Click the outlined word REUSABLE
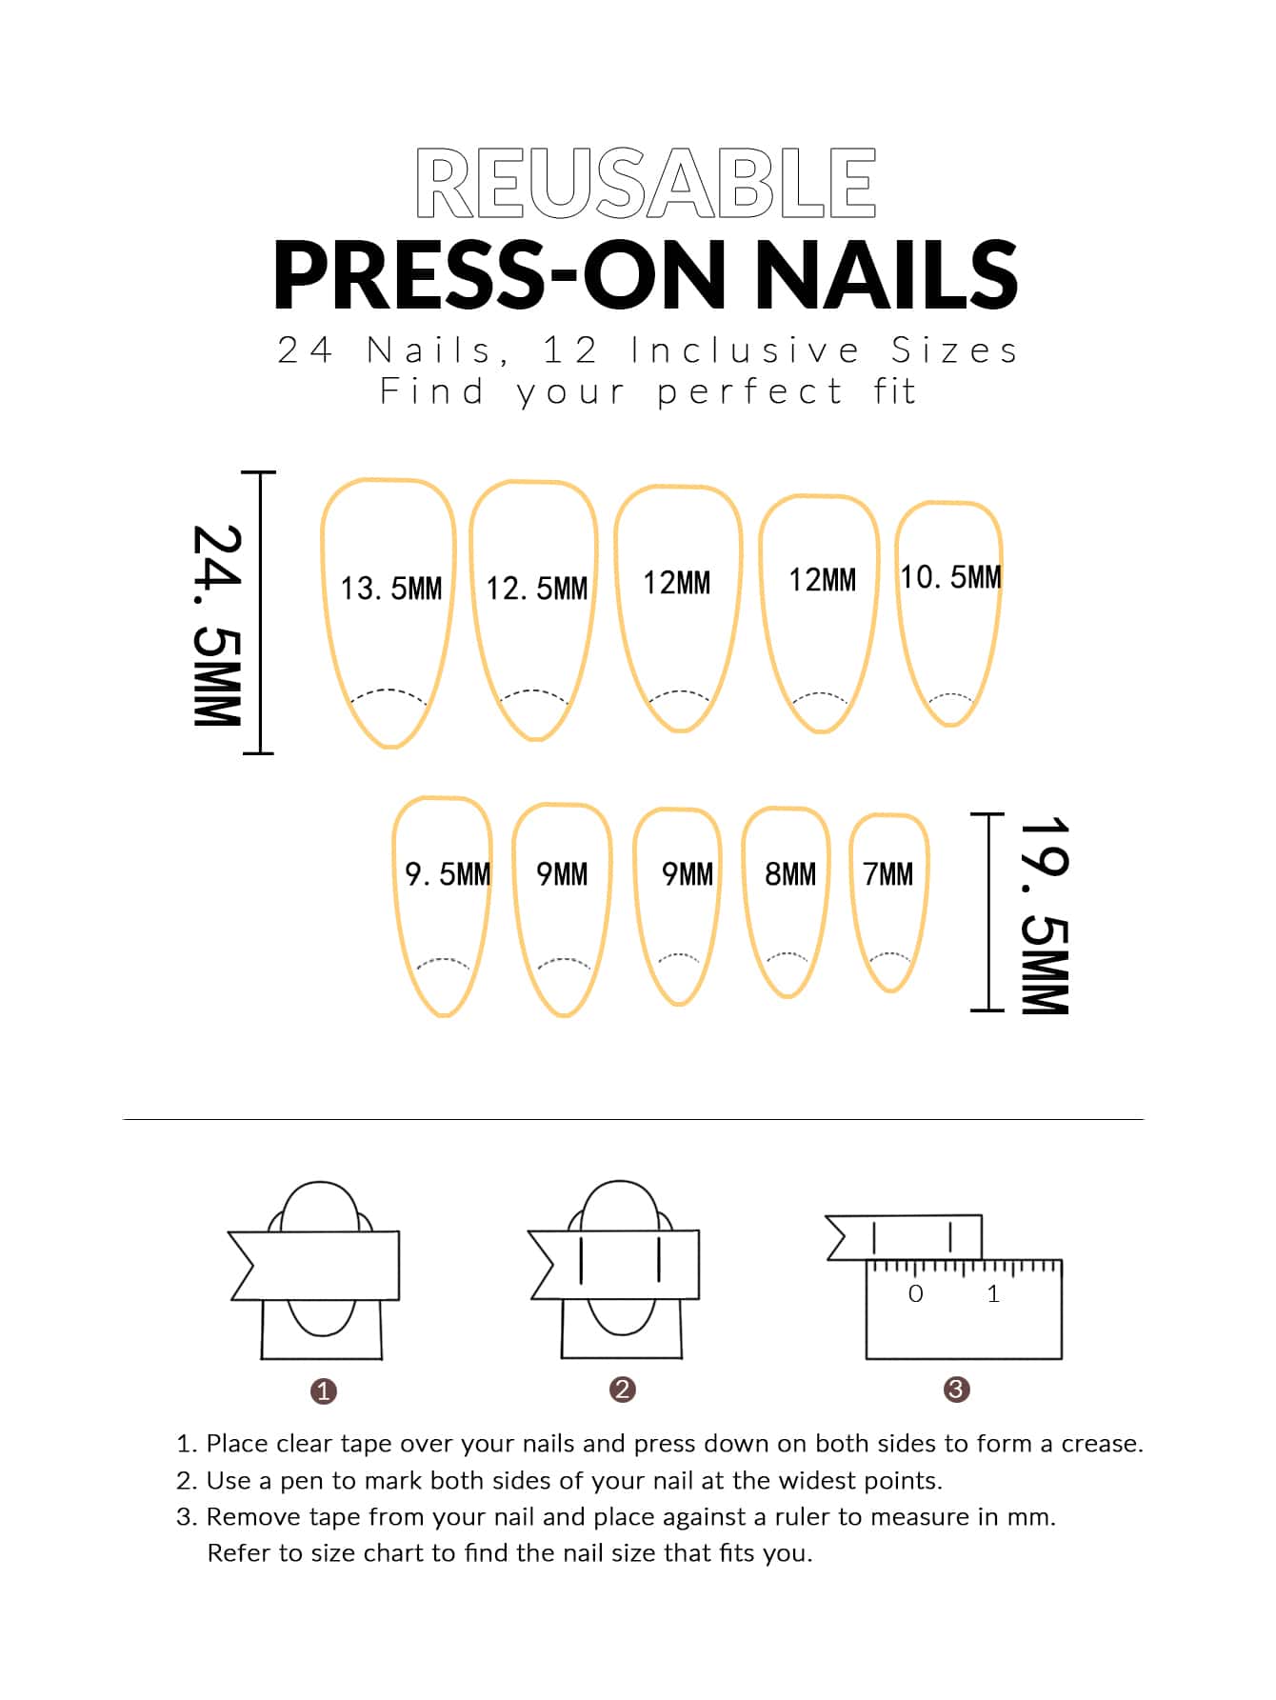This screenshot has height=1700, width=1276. [646, 183]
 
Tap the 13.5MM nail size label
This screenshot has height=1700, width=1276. [391, 589]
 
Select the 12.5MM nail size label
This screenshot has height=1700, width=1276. [537, 589]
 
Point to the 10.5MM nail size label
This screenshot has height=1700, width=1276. [951, 577]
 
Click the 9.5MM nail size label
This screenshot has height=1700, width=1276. [448, 874]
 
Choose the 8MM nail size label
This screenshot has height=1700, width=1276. [790, 874]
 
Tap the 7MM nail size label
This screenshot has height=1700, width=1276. [888, 874]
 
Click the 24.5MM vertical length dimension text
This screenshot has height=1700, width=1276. [217, 626]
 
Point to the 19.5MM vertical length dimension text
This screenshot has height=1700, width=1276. [1045, 915]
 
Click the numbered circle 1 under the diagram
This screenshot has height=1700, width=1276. [324, 1391]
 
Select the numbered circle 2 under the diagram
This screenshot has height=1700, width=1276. [623, 1390]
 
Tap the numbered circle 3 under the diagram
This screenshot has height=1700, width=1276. [956, 1390]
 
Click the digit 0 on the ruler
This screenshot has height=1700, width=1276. [916, 1293]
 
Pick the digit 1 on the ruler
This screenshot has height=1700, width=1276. [993, 1293]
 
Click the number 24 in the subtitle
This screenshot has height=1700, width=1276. [305, 350]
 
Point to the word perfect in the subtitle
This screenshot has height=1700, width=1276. [749, 392]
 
